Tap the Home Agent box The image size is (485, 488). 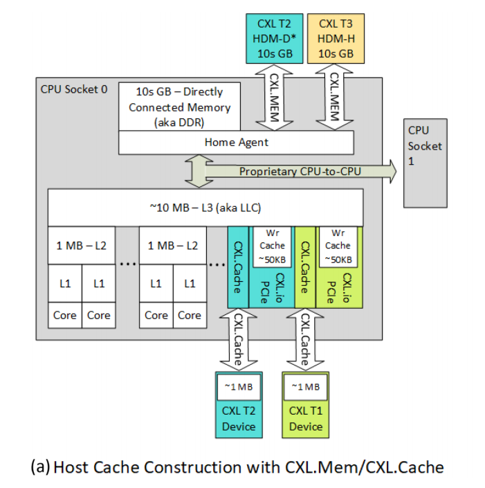[x=237, y=143]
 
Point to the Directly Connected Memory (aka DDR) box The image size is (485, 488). [x=180, y=107]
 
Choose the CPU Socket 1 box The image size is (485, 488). [x=424, y=163]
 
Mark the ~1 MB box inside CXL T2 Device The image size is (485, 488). [x=238, y=386]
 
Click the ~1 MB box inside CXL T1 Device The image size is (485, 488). [x=306, y=386]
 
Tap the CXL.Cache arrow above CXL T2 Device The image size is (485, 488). [x=238, y=339]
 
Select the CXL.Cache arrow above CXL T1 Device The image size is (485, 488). [x=305, y=339]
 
